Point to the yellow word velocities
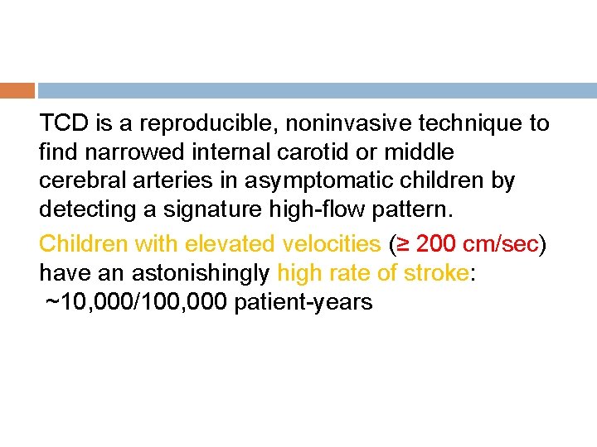332,244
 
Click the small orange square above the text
17,90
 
